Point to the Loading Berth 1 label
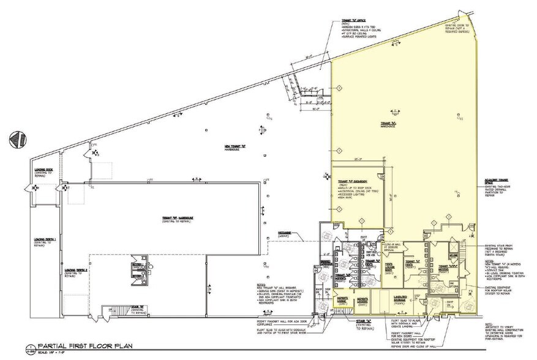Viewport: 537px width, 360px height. (46, 240)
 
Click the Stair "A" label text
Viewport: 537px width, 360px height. (358, 320)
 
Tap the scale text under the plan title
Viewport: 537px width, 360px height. (50, 355)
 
